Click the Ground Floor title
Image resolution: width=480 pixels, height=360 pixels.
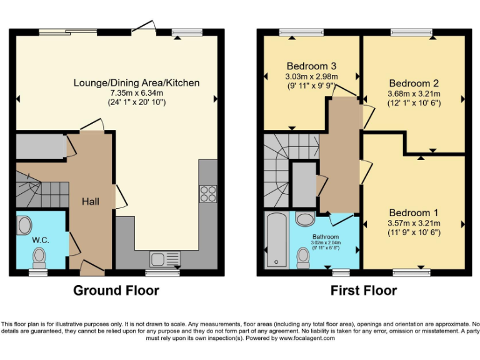point(116,291)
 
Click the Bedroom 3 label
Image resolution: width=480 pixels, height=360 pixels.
point(312,66)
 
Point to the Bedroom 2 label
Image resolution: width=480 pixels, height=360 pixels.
point(414,83)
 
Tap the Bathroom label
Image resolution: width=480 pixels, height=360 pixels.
point(326,237)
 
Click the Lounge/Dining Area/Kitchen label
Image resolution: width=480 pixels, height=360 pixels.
point(136,82)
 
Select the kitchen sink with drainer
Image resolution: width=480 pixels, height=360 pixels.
point(165,258)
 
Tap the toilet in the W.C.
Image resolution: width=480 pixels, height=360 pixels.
point(39,256)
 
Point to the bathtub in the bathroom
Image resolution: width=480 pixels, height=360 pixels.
point(275,241)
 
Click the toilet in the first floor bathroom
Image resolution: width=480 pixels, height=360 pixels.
point(304,256)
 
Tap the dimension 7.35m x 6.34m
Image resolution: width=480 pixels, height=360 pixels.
point(136,92)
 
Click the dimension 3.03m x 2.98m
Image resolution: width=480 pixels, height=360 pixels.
point(312,76)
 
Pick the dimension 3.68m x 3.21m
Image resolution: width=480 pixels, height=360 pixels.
point(414,93)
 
